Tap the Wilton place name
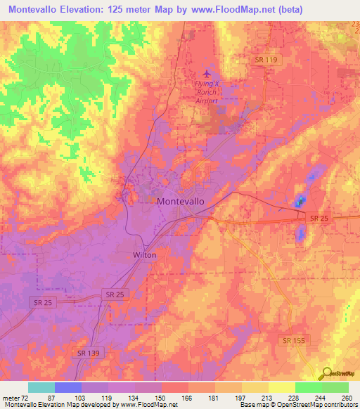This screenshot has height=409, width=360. click(145, 254)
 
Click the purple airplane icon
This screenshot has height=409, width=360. click(206, 73)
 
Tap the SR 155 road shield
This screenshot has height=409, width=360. click(295, 340)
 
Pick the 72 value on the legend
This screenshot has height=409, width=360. click(29, 398)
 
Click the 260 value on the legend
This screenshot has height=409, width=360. click(347, 398)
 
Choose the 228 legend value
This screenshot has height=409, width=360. click(295, 398)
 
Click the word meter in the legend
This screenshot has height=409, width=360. click(13, 398)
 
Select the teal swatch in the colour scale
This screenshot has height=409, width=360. click(41, 387)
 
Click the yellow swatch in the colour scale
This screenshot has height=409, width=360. click(281, 387)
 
